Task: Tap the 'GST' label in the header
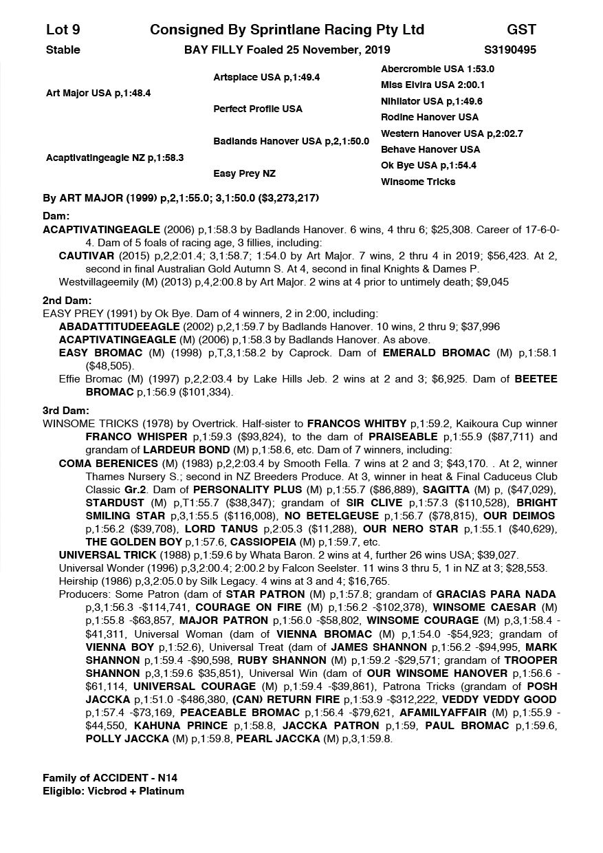521,30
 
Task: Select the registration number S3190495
510,50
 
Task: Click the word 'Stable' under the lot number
63,50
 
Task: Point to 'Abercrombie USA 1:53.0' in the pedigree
437,69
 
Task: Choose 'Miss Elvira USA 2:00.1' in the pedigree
432,85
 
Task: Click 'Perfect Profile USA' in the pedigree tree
258,109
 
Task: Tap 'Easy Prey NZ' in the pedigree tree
244,173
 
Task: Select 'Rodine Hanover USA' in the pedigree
429,117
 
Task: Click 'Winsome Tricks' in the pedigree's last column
418,182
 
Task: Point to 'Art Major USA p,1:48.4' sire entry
98,93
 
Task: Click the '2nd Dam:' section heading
67,301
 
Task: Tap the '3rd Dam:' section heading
66,411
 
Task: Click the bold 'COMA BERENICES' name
109,464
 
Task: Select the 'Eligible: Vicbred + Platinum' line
113,790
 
